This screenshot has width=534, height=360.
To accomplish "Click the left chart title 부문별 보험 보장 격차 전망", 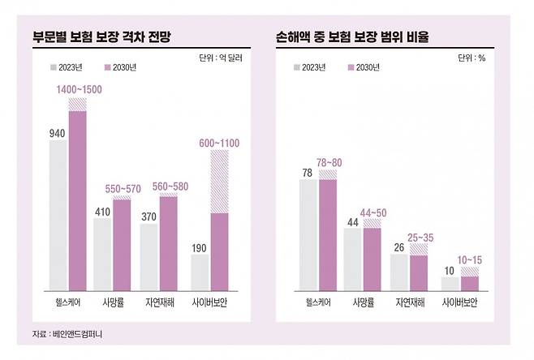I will tap(101, 37).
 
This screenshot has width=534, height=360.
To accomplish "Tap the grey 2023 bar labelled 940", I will tap(58, 214).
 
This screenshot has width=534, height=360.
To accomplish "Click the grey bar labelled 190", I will tap(200, 271).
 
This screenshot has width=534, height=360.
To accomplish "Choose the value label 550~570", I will tap(122, 187).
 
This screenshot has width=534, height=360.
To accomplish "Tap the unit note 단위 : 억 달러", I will tap(220, 58).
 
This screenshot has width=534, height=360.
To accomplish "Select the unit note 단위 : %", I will tap(473, 58).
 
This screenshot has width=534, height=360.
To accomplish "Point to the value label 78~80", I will tap(329, 162).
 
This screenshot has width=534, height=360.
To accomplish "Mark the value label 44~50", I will tap(373, 212).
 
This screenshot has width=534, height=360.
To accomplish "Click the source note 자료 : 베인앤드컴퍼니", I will tap(67, 334).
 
